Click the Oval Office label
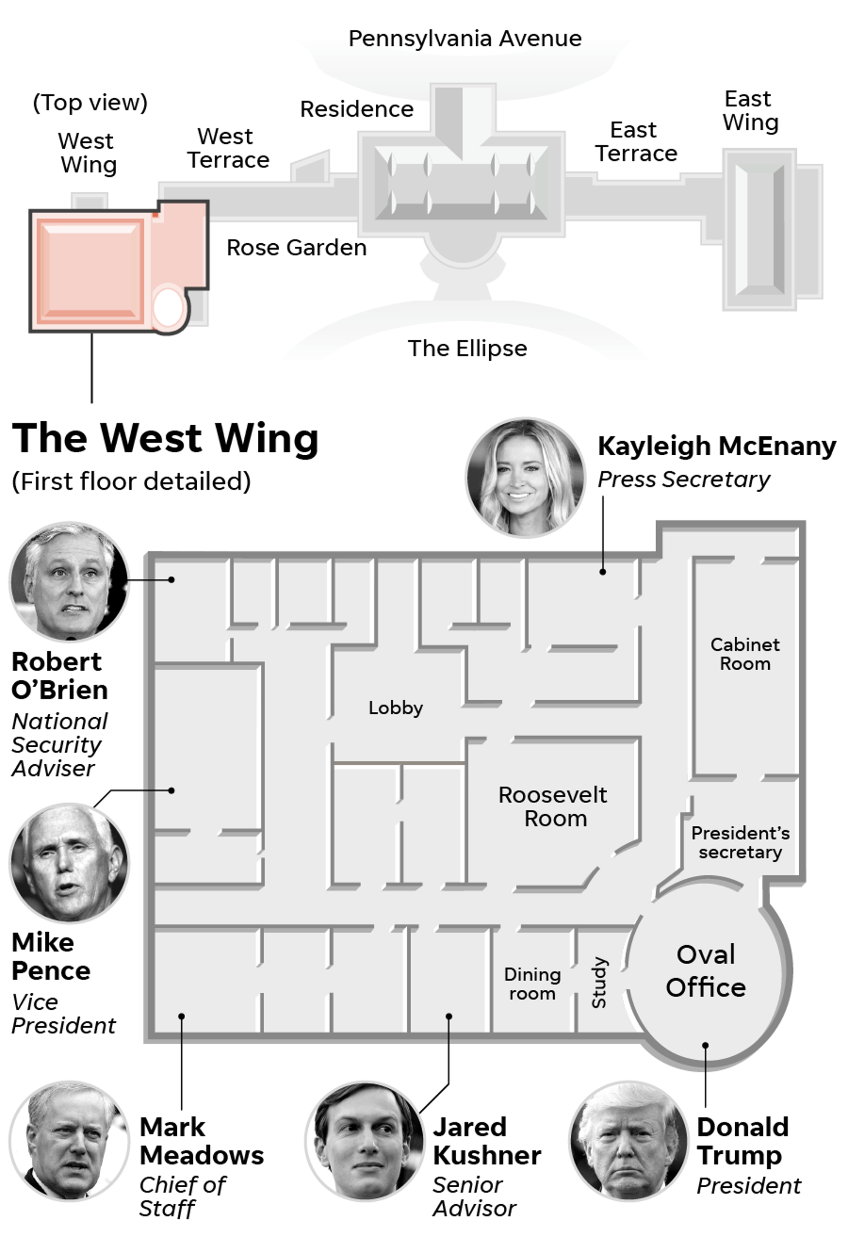[705, 971]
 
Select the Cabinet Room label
[745, 654]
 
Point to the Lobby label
[396, 707]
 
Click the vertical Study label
[599, 982]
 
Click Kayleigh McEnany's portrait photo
[525, 478]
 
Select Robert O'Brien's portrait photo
[69, 581]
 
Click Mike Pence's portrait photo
[69, 862]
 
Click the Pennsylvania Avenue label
[465, 39]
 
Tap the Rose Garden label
[296, 248]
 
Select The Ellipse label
[467, 348]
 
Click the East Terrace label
[636, 142]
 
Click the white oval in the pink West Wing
[168, 307]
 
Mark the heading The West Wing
[165, 438]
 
